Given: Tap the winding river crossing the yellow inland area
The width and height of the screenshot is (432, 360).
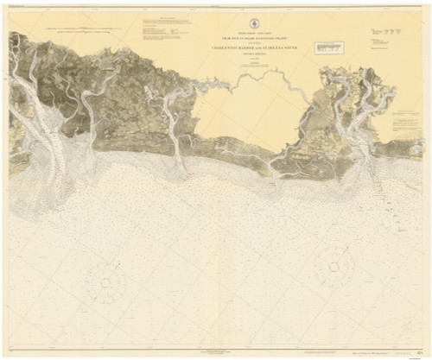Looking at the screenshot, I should pyautogui.click(x=259, y=86).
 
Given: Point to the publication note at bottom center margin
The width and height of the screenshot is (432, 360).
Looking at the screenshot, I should pyautogui.click(x=216, y=348).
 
